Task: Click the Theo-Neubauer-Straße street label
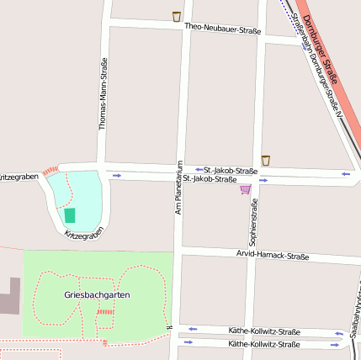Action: coord(222,29)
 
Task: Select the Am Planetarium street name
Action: coord(178,186)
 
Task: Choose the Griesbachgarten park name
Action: coord(97,295)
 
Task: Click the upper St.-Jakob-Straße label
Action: coord(231,170)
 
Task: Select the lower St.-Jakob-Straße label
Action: coord(210,179)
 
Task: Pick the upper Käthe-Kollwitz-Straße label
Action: coord(264,331)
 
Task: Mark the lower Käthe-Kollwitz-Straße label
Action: coord(264,344)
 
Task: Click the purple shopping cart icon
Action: coord(245,189)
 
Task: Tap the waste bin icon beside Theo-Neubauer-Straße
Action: coord(177,16)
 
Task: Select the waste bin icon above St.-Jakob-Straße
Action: coord(266,160)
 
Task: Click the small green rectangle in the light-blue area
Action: coord(70,215)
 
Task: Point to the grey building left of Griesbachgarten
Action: coord(9,295)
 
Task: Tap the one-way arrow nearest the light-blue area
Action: coord(116,175)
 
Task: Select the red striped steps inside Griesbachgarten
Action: coord(105,312)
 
